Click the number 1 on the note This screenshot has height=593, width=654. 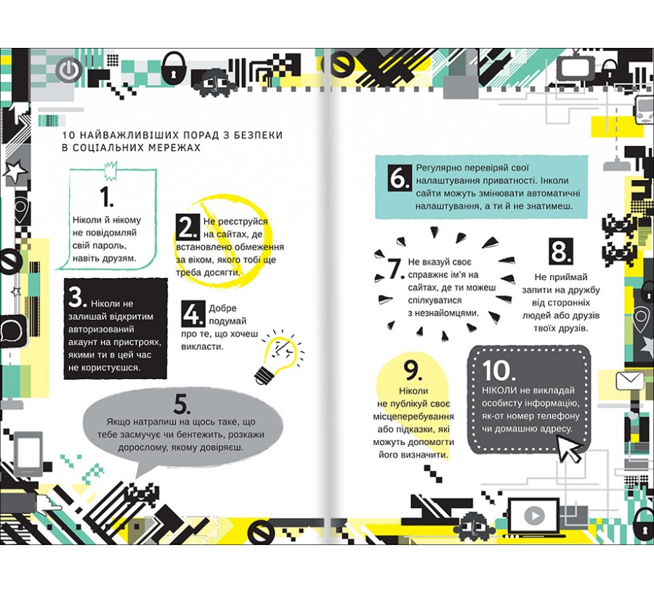click(x=107, y=197)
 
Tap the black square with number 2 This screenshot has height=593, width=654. click(x=187, y=227)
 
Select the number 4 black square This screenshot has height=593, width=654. click(x=193, y=314)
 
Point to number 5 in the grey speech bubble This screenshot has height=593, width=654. click(x=182, y=404)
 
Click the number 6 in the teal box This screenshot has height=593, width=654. click(x=400, y=178)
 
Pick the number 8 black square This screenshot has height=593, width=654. click(x=560, y=252)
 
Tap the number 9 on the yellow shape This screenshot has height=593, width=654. click(x=413, y=370)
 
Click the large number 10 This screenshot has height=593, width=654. click(x=498, y=370)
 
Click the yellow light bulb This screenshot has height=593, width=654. click(x=278, y=356)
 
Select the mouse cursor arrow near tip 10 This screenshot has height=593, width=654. click(x=570, y=449)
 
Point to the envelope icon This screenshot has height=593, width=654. click(x=630, y=381)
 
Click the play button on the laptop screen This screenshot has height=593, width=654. click(x=534, y=516)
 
